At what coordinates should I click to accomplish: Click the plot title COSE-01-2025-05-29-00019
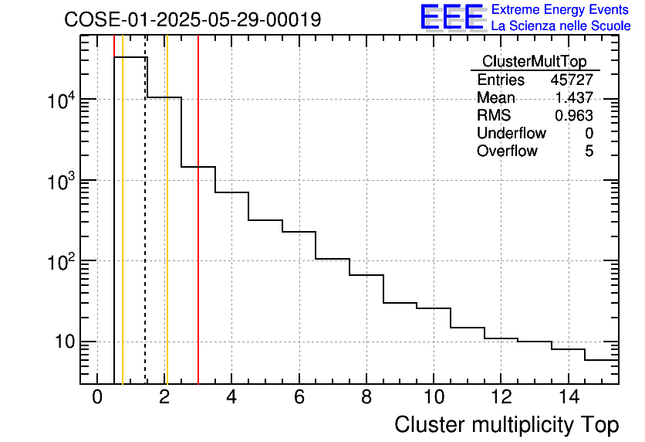192,20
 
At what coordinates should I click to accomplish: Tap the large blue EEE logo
451,18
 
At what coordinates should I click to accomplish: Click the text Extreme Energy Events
561,10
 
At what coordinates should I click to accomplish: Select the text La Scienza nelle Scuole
561,26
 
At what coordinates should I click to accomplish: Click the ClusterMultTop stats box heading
534,62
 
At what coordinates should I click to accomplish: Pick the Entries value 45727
572,80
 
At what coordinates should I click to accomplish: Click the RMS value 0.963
574,116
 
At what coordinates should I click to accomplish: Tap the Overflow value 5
589,151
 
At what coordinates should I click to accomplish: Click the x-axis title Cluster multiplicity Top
506,425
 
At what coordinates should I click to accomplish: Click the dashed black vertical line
145,232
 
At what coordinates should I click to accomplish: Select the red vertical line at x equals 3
198,232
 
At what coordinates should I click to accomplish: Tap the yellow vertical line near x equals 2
167,232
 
